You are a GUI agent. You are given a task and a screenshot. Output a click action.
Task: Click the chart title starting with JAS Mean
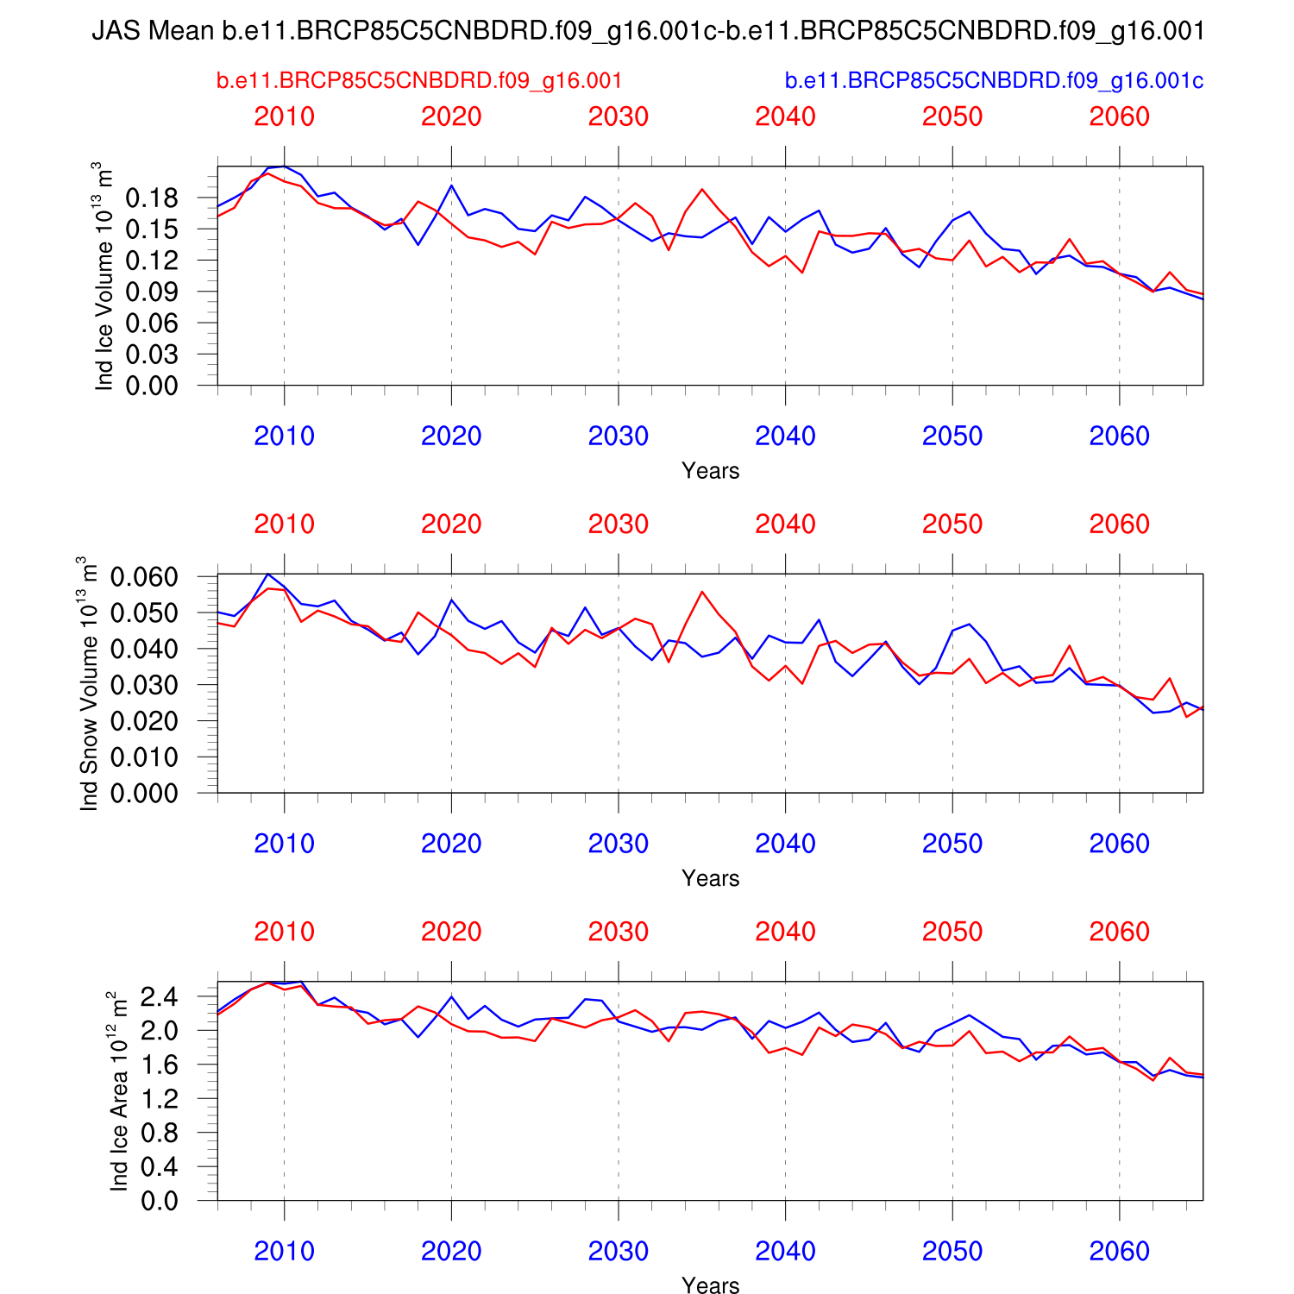pos(647,32)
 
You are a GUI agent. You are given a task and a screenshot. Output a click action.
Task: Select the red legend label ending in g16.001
pos(419,81)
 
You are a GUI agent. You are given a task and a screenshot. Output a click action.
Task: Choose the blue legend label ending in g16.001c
pos(994,81)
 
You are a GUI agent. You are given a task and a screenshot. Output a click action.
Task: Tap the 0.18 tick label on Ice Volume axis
pos(152,198)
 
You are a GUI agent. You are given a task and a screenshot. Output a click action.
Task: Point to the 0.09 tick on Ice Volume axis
pos(152,292)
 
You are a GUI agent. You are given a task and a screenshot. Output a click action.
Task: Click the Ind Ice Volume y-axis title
pos(104,276)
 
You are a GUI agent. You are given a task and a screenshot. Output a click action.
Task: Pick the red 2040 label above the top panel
pos(785,116)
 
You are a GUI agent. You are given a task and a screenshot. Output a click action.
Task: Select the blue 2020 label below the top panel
pos(451,437)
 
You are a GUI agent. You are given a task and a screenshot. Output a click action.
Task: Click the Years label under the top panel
pos(710,471)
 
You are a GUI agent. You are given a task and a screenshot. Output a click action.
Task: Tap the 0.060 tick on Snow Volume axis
pos(144,576)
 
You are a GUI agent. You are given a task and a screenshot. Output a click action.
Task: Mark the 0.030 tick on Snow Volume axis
pos(144,685)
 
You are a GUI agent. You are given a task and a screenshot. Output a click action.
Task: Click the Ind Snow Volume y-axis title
pos(89,683)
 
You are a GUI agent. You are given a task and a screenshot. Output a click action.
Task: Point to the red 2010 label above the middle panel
pos(284,525)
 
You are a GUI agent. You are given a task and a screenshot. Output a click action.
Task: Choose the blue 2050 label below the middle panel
pos(952,844)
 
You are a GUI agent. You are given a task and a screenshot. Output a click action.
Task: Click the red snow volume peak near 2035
pos(702,592)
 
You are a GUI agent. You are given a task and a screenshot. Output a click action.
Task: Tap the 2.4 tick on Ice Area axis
pos(159,997)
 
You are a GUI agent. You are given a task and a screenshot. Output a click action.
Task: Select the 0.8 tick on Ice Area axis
pos(159,1133)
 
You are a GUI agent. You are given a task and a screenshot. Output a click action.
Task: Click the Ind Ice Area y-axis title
pos(119,1091)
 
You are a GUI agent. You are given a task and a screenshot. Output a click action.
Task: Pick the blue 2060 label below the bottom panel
pos(1119,1252)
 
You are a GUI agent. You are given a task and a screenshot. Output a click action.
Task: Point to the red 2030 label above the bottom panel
pos(618,932)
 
